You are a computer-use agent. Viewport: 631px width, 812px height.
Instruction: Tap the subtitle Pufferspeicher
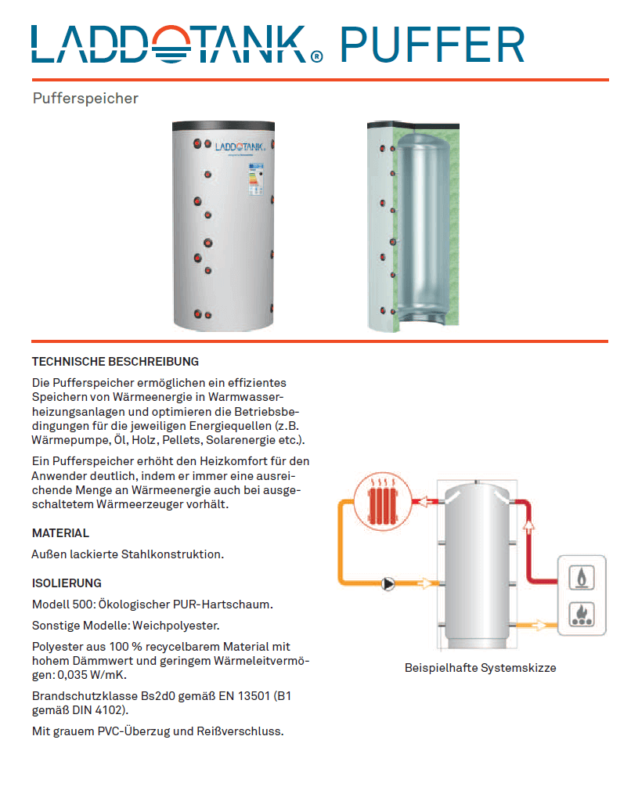[x=85, y=99]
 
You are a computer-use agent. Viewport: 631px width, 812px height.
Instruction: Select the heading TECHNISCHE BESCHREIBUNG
[x=115, y=362]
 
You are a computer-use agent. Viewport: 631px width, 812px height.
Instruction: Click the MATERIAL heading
[x=60, y=533]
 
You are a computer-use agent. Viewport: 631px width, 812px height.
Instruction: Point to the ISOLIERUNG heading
[x=67, y=583]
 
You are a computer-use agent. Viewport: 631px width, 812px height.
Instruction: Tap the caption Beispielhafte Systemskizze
[x=480, y=668]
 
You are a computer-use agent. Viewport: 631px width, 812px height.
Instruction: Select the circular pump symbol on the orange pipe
[x=388, y=583]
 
